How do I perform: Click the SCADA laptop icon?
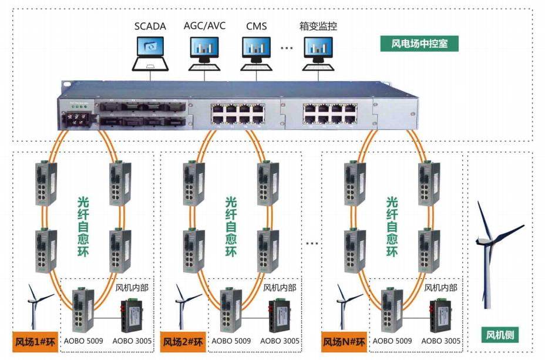(x=150, y=52)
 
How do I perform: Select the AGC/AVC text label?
(x=204, y=26)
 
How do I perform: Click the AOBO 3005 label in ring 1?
(x=132, y=341)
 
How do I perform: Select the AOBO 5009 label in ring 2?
(x=231, y=341)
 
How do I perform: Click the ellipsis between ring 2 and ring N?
(x=312, y=243)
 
